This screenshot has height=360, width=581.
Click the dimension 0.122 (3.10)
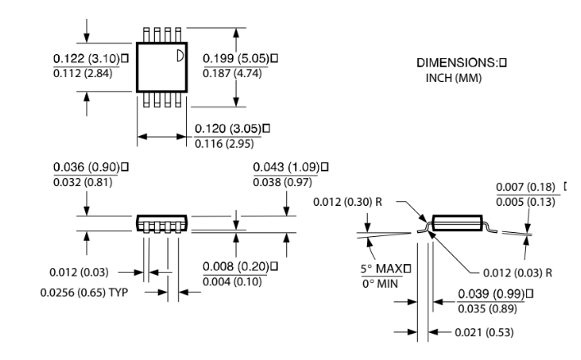[87, 58]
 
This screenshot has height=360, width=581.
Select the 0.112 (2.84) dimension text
[83, 74]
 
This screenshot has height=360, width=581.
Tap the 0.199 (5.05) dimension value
[236, 58]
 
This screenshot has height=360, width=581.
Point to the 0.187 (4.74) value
[233, 74]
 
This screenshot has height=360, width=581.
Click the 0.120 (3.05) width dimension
[229, 129]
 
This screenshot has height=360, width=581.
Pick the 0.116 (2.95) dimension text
[225, 144]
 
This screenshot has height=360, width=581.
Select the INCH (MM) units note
[453, 78]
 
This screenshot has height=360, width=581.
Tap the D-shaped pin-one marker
[179, 56]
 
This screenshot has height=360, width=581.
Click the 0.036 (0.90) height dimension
[87, 167]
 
